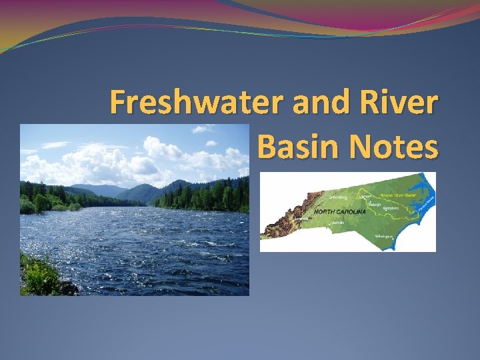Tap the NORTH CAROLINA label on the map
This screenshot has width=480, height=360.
point(338,211)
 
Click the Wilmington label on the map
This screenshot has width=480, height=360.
point(384,237)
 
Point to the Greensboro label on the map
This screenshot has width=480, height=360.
point(339,197)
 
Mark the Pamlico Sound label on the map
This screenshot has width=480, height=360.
point(425,205)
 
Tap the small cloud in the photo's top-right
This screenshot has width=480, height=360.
point(211,143)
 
